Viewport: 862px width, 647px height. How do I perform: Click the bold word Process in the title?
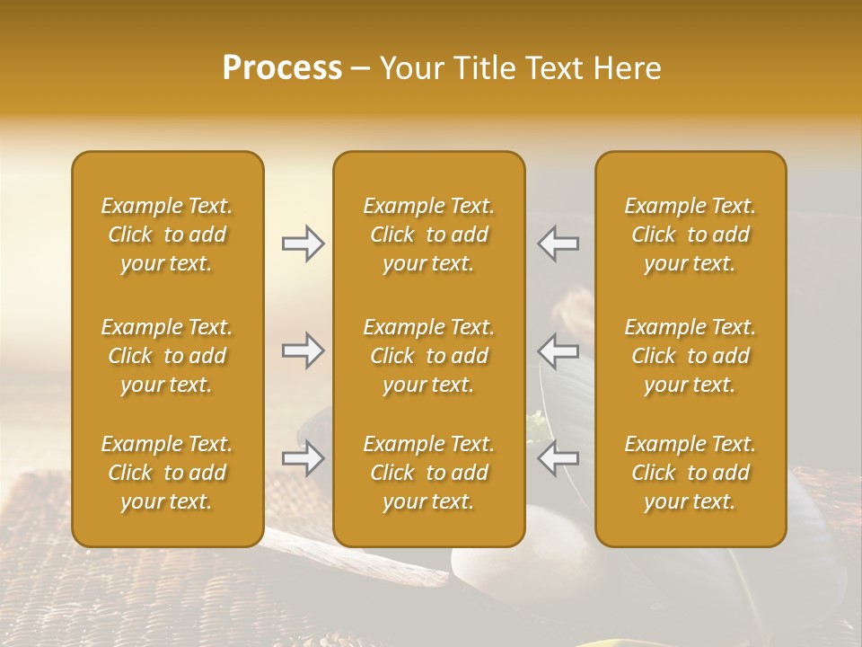pyautogui.click(x=282, y=68)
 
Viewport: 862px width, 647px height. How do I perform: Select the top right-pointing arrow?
pyautogui.click(x=303, y=244)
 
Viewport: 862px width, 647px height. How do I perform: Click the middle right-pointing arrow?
pyautogui.click(x=303, y=350)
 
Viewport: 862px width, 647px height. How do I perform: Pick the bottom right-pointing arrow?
pyautogui.click(x=303, y=458)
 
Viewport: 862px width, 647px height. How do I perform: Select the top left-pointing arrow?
pyautogui.click(x=559, y=244)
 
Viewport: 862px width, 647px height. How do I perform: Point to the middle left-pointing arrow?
pyautogui.click(x=559, y=350)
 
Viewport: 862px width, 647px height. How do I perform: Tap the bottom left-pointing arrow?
pyautogui.click(x=559, y=458)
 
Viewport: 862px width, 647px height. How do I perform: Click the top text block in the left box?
pyautogui.click(x=167, y=235)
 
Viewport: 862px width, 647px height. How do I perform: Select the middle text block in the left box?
pyautogui.click(x=167, y=356)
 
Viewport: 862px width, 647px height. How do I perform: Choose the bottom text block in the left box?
pyautogui.click(x=167, y=473)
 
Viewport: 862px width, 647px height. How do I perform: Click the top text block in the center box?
pyautogui.click(x=428, y=235)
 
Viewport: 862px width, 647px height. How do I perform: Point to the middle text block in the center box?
pyautogui.click(x=428, y=356)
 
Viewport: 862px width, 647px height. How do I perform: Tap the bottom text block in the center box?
pyautogui.click(x=428, y=473)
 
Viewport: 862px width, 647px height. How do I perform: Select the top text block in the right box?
pyautogui.click(x=690, y=235)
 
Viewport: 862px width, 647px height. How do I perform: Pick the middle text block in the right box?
pyautogui.click(x=690, y=356)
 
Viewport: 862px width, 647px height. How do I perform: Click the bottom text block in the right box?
pyautogui.click(x=690, y=473)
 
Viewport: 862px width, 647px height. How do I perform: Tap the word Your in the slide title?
pyautogui.click(x=409, y=68)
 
